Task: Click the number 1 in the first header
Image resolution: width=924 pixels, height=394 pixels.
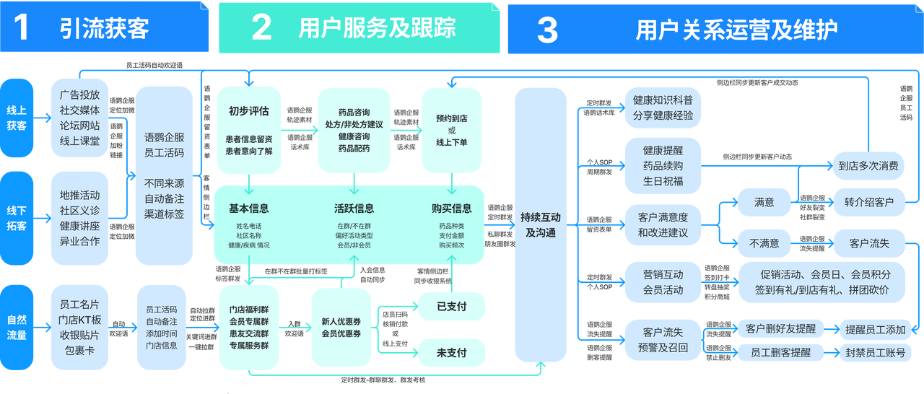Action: point(22,27)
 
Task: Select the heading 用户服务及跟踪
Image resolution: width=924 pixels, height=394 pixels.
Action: point(377,28)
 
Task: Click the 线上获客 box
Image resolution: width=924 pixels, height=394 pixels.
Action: point(17,117)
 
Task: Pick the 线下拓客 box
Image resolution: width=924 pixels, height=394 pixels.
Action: point(17,218)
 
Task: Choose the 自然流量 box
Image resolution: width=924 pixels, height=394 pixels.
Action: point(17,326)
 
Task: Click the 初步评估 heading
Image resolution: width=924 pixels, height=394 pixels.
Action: point(248,111)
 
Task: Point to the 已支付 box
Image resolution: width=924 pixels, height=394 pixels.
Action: point(451,306)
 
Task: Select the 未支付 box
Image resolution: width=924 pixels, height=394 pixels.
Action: point(451,352)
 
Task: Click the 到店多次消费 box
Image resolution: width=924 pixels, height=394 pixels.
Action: point(868,166)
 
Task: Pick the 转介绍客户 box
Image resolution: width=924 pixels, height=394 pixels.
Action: point(868,202)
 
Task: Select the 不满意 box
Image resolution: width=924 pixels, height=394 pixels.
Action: point(764,243)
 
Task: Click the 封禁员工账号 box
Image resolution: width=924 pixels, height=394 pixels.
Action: point(875,353)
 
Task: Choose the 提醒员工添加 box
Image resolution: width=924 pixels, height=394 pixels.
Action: point(875,329)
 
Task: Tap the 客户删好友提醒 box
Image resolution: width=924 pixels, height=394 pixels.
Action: point(780,329)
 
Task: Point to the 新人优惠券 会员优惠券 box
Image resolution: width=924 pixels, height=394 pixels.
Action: point(341,327)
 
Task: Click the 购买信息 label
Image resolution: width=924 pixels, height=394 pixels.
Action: point(451,209)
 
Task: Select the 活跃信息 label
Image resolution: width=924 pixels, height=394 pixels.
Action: point(354,209)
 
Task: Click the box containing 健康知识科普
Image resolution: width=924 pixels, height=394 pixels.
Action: point(663,108)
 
